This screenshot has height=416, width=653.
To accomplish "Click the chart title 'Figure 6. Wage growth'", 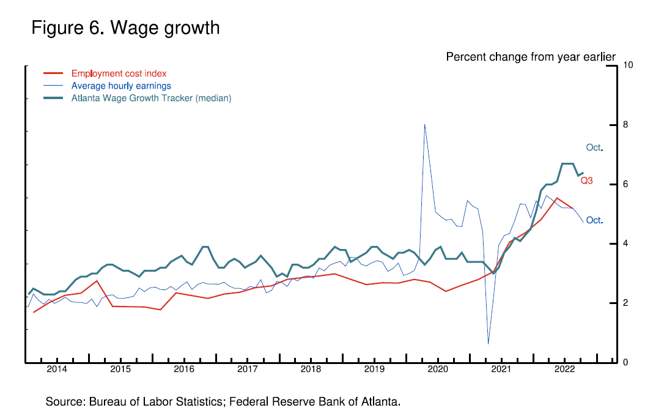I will click(125, 28).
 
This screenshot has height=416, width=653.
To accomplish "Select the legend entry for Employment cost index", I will click(119, 73).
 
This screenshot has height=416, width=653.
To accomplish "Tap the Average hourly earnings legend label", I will click(121, 86).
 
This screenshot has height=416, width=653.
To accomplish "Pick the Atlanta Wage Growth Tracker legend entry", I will click(151, 98).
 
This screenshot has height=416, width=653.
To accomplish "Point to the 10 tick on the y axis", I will click(627, 65).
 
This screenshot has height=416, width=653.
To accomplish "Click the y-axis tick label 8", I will click(625, 125).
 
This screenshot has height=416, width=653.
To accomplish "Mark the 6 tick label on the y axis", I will click(625, 184).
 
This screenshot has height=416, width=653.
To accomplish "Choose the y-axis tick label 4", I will click(625, 243).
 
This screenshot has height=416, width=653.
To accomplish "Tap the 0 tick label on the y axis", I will click(625, 362).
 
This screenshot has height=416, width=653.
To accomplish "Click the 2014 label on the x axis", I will click(57, 370).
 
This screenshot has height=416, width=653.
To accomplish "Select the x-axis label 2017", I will click(247, 370).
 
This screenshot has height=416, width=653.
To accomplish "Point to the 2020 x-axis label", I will click(438, 370).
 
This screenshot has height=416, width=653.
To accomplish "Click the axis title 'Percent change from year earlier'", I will click(531, 57).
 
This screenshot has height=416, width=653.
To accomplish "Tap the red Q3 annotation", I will click(586, 180).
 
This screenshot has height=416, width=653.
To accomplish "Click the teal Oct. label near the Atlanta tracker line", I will click(594, 147).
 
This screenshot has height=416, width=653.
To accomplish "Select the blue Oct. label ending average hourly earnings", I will click(594, 220).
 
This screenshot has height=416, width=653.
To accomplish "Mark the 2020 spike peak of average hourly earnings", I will click(424, 125).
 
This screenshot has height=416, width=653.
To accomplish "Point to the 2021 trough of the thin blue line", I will click(488, 343).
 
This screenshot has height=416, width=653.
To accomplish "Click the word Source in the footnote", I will click(65, 402).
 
